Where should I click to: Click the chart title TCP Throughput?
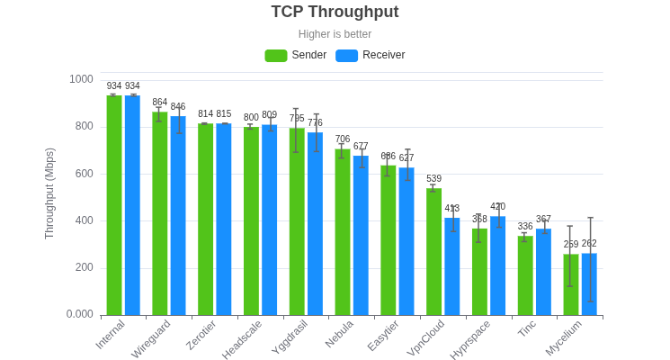335,12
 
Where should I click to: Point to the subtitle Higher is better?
335,34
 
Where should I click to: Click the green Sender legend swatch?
275,56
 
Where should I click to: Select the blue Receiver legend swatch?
346,56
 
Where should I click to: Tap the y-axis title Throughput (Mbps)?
49,193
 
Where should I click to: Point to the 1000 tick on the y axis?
81,79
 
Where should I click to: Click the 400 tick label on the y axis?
81,220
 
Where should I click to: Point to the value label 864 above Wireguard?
159,103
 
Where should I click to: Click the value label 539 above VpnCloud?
433,179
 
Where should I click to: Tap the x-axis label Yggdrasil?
290,337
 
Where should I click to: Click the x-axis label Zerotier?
201,334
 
